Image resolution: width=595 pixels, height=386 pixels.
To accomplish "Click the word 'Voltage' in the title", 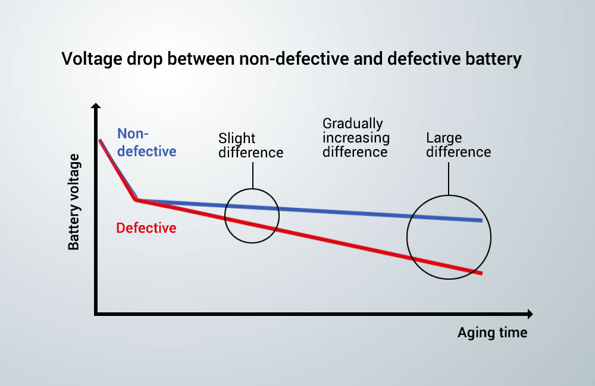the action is coord(92,59).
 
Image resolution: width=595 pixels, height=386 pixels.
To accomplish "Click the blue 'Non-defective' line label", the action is coord(146,143).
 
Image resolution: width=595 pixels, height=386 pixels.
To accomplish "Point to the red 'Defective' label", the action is coord(146,228).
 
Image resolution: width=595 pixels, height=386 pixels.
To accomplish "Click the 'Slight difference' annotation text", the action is coord(250,145).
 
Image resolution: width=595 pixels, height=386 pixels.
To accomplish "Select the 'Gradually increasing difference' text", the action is coord(356,138).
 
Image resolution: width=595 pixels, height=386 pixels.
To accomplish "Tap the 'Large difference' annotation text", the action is coord(458,145).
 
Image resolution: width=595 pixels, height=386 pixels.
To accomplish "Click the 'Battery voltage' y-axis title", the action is coord(74,202).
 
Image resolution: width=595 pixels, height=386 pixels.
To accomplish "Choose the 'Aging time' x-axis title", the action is coord(492,333).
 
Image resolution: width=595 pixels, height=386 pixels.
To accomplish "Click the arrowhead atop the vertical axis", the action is coord(96,105).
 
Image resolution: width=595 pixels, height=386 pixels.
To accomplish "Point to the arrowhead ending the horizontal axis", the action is coord(530,314).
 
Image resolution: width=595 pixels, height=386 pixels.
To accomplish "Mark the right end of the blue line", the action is coord(482,220).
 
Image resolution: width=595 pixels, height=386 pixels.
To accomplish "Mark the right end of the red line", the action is coord(482,273).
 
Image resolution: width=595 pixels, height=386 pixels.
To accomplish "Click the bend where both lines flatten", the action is coord(136,200).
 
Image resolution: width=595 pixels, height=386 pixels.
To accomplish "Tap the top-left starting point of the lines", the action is coord(100,140).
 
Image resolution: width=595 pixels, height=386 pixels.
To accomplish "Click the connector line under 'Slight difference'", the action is coord(253,175).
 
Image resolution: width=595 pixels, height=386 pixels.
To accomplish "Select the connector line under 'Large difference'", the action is coord(449,179).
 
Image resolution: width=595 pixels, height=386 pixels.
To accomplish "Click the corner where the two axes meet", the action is coord(96,314).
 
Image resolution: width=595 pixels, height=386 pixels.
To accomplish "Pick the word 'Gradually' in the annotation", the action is coord(352,124).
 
